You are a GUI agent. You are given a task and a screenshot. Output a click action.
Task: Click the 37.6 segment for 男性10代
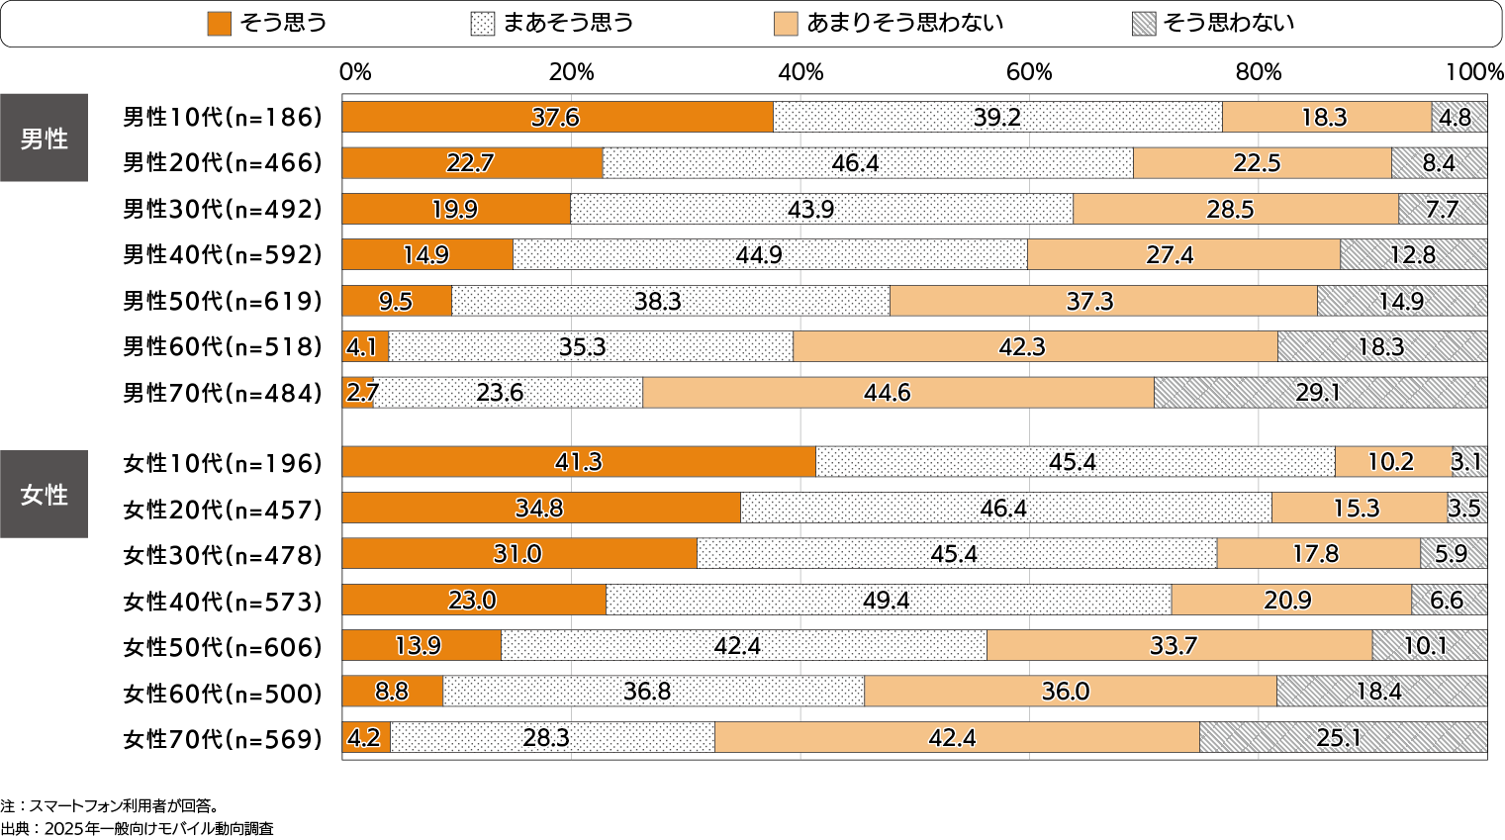pyautogui.click(x=557, y=117)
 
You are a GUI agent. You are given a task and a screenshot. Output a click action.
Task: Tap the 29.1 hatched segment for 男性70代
pyautogui.click(x=1320, y=393)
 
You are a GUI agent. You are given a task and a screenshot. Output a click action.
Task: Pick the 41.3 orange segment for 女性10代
pyautogui.click(x=579, y=462)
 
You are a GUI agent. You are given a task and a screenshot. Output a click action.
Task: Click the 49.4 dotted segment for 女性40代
pyautogui.click(x=888, y=600)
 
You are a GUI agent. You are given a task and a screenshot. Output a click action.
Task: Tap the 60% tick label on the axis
pyautogui.click(x=1029, y=72)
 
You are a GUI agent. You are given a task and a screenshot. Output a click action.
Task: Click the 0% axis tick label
pyautogui.click(x=355, y=72)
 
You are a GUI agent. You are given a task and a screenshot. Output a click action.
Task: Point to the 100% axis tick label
pyautogui.click(x=1474, y=72)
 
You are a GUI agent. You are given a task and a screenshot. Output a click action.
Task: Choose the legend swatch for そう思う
pyautogui.click(x=219, y=24)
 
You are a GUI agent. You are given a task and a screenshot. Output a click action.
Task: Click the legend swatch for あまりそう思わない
pyautogui.click(x=786, y=24)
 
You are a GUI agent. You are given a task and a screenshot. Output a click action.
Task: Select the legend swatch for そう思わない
pyautogui.click(x=1144, y=24)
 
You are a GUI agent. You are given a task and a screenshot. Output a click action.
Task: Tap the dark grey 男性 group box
pyautogui.click(x=44, y=139)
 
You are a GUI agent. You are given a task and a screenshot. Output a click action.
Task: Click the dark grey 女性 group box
pyautogui.click(x=44, y=495)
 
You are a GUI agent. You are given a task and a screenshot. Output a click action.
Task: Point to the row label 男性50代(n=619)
pyautogui.click(x=223, y=301)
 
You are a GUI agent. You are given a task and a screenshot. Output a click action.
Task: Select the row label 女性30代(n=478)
pyautogui.click(x=223, y=555)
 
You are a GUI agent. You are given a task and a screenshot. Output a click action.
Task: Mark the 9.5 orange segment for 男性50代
pyautogui.click(x=397, y=301)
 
